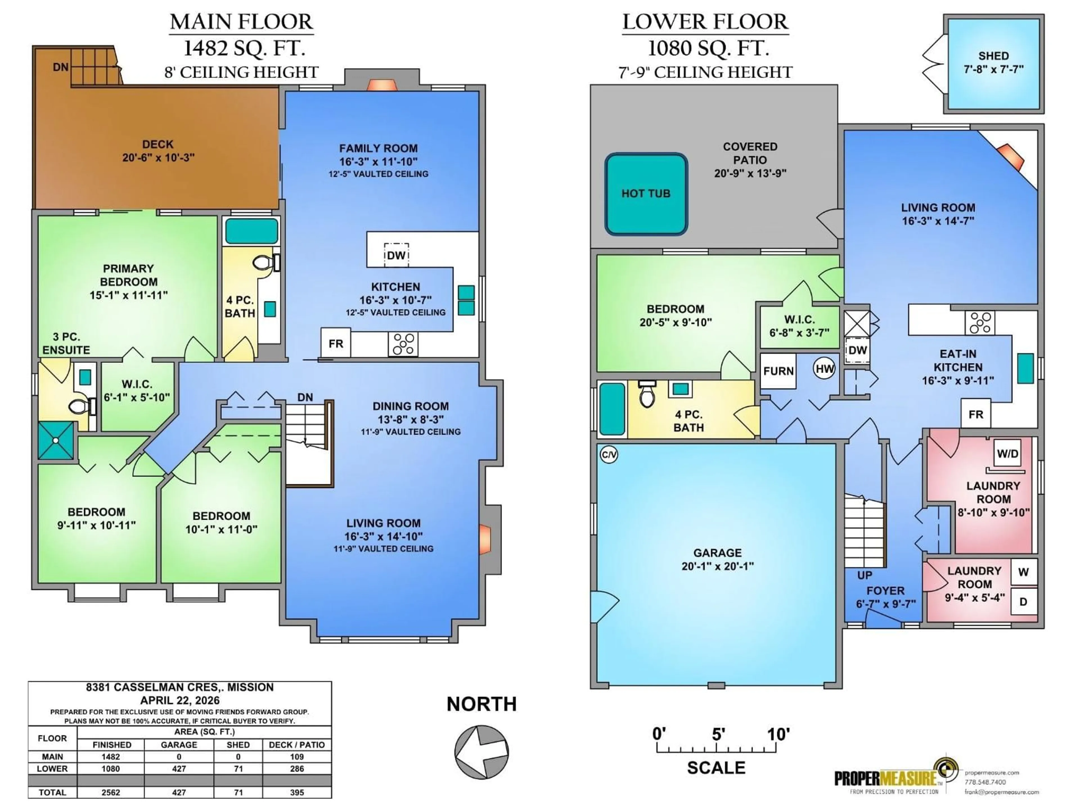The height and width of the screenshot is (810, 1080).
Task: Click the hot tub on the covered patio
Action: [646, 194]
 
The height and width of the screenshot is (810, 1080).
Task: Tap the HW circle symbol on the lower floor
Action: [824, 369]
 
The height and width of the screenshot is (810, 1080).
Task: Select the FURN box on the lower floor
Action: [778, 371]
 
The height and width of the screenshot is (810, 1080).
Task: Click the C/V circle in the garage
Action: [609, 455]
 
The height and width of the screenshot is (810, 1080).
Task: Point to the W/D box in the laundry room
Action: [1007, 454]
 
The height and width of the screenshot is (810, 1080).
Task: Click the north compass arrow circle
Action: [481, 751]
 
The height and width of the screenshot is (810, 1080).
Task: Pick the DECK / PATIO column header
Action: [296, 744]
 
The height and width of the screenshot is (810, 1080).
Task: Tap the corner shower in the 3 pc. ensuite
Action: [56, 440]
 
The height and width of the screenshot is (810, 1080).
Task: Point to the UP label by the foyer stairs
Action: [864, 575]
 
